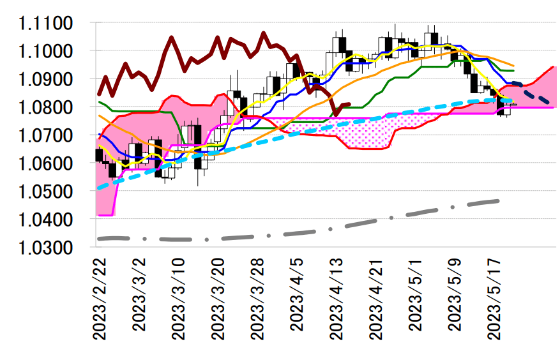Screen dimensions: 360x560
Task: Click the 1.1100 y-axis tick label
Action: tap(46, 24)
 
